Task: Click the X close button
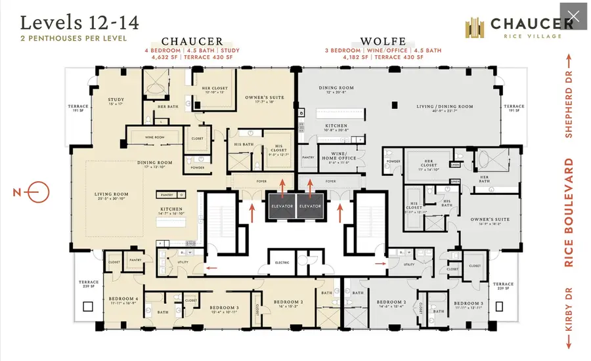[x=573, y=16]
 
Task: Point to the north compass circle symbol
[x=38, y=192]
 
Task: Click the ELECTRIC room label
[x=282, y=263]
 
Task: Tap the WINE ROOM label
[x=154, y=137]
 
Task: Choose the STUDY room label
[x=116, y=101]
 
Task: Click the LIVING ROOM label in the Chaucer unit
[x=111, y=194]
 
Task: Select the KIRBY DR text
[x=569, y=308]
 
